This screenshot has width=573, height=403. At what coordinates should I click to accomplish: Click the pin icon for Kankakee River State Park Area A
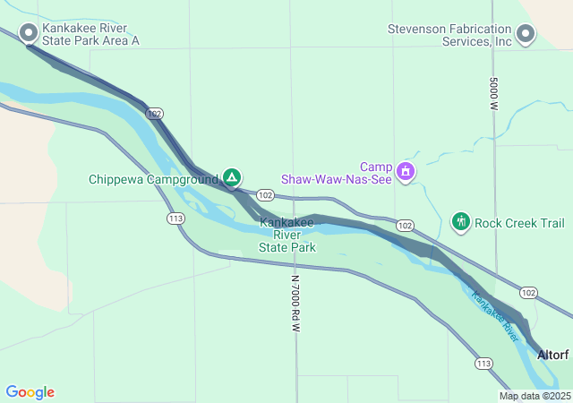(x=29, y=33)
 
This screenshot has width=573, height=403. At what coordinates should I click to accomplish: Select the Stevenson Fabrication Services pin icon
(x=526, y=34)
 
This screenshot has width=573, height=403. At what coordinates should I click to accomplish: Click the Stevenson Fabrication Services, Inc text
(x=449, y=34)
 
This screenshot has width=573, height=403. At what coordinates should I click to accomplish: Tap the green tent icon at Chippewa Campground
(x=232, y=177)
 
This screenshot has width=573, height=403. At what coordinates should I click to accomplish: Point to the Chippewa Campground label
(x=153, y=179)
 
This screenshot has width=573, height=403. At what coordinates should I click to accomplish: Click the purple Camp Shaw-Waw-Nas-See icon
(x=406, y=170)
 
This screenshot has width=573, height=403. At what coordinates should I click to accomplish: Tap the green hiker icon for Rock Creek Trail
(x=461, y=221)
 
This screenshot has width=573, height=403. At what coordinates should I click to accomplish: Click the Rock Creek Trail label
(x=519, y=223)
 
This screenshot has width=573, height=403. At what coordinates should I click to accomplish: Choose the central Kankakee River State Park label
(x=287, y=234)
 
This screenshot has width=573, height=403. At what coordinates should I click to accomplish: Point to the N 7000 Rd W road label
(x=295, y=304)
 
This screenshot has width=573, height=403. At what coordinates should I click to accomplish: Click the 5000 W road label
(x=493, y=94)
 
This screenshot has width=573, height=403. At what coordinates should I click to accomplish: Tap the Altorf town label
(x=552, y=355)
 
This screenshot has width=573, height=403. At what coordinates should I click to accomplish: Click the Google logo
(x=30, y=392)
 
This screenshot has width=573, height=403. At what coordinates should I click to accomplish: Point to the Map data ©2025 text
(x=535, y=396)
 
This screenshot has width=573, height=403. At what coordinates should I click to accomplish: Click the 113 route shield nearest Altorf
(x=483, y=363)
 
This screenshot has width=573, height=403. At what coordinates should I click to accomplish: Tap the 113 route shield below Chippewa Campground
(x=175, y=218)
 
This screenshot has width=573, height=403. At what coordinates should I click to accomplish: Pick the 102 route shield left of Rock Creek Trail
(x=405, y=225)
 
